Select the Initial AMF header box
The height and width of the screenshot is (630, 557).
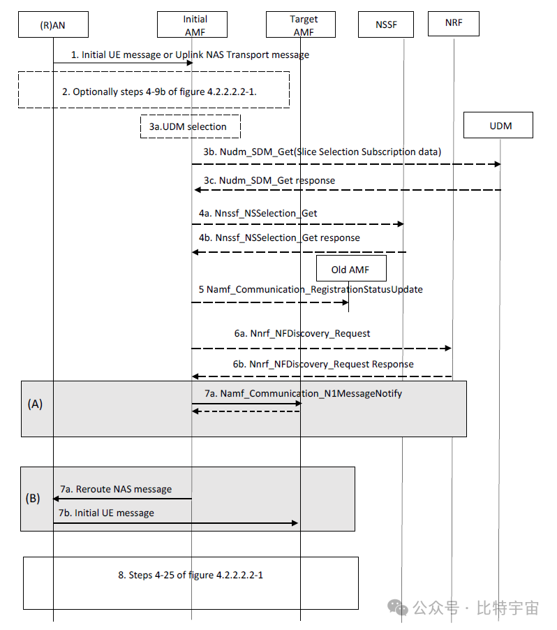point(192,24)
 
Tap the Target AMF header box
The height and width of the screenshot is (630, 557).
point(301,24)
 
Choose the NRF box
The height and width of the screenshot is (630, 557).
point(453,24)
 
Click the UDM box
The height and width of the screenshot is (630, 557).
point(500,126)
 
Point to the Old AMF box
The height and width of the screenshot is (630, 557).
point(350,269)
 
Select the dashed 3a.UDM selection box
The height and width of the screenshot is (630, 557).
point(190,126)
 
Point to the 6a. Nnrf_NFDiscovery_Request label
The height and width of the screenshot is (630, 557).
point(302,333)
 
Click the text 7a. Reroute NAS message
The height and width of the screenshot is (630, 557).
point(116,489)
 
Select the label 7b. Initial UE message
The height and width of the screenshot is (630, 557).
point(107,513)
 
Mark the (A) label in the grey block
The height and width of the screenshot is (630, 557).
point(35,404)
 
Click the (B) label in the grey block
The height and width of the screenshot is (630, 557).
point(33,499)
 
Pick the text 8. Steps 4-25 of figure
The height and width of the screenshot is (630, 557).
point(190,575)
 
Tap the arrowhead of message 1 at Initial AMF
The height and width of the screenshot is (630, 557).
point(188,63)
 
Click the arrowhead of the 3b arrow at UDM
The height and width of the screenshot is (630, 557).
point(497,164)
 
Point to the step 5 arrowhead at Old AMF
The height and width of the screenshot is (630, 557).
point(345,302)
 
